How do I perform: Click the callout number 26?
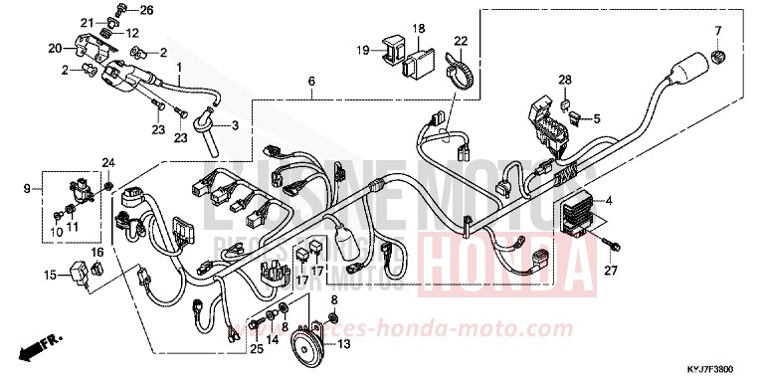[147, 11]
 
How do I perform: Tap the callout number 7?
[718, 30]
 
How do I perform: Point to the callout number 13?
[343, 345]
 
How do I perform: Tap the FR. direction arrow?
[36, 349]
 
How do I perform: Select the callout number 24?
[107, 162]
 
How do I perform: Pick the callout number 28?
[564, 80]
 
